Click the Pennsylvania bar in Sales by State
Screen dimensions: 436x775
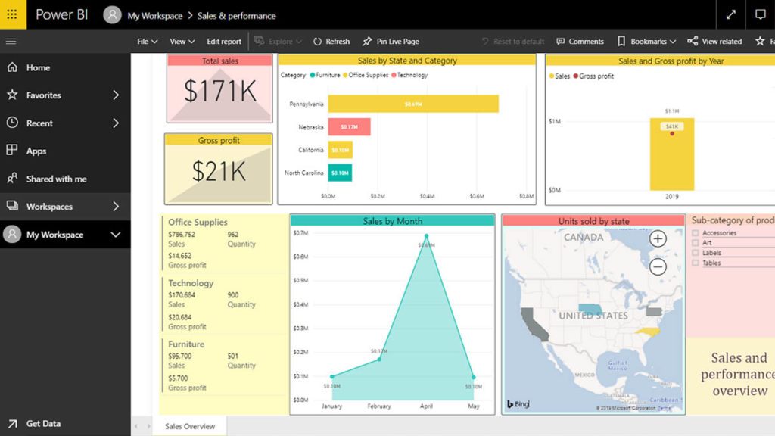click(x=412, y=104)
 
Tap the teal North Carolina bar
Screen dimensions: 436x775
click(x=340, y=173)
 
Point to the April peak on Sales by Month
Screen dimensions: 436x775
click(x=426, y=236)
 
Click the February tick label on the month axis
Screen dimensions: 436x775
click(x=378, y=406)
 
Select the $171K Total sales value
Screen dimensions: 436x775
click(x=219, y=91)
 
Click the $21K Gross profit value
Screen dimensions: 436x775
click(x=219, y=172)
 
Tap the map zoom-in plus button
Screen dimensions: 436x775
click(x=658, y=239)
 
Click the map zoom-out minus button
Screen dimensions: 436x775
click(x=658, y=266)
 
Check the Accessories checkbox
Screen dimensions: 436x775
click(x=696, y=233)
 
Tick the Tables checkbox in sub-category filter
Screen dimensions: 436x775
click(x=696, y=263)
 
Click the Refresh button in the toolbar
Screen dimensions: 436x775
click(x=331, y=42)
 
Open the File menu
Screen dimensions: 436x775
click(x=147, y=42)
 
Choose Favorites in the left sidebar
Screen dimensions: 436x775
click(x=44, y=95)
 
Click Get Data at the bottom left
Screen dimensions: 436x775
click(x=43, y=424)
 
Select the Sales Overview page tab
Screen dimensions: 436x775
click(x=190, y=426)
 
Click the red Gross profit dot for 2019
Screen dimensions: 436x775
click(x=671, y=134)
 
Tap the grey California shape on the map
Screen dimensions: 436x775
click(x=534, y=323)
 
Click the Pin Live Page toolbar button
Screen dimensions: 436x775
click(x=391, y=42)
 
